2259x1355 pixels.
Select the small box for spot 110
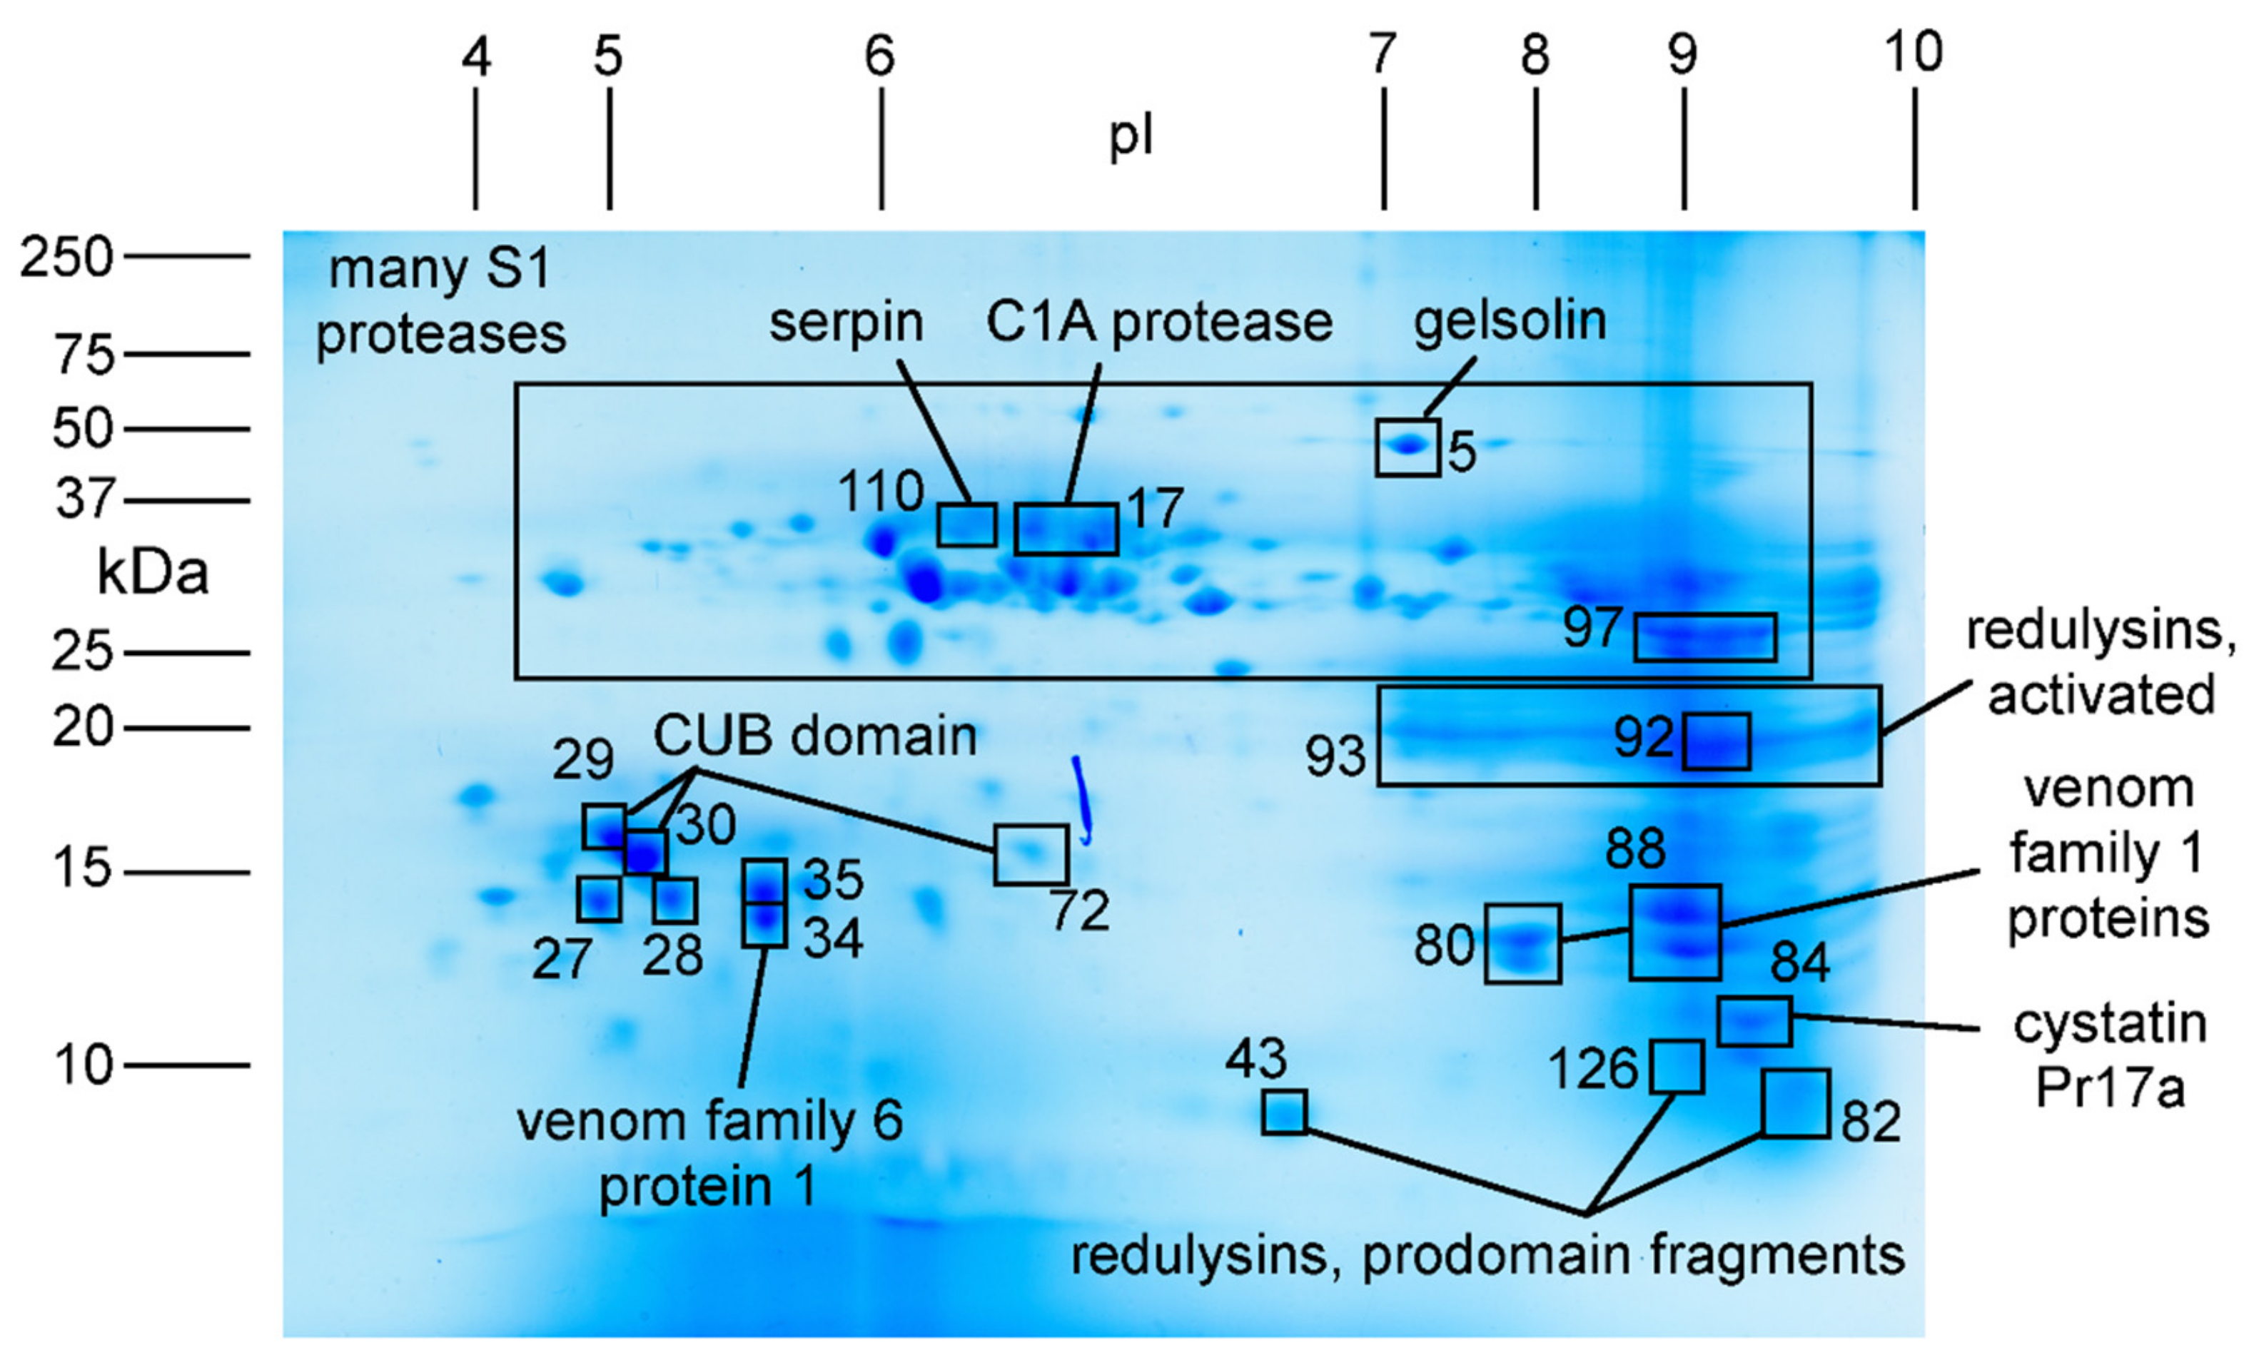(x=966, y=524)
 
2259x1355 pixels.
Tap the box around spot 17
(x=1066, y=529)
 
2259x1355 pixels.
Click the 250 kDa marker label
(x=66, y=258)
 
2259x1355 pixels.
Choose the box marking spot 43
(x=1284, y=1112)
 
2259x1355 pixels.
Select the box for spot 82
(x=1795, y=1103)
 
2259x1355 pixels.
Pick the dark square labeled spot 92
(x=1716, y=741)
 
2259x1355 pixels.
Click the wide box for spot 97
(x=1704, y=637)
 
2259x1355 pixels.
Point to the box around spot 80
(x=1522, y=943)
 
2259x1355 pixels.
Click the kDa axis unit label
(x=153, y=574)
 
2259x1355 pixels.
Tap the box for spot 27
(x=599, y=899)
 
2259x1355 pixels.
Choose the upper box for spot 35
(x=764, y=881)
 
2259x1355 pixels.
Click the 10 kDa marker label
(x=82, y=1065)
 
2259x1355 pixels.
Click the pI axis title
(x=1131, y=137)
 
